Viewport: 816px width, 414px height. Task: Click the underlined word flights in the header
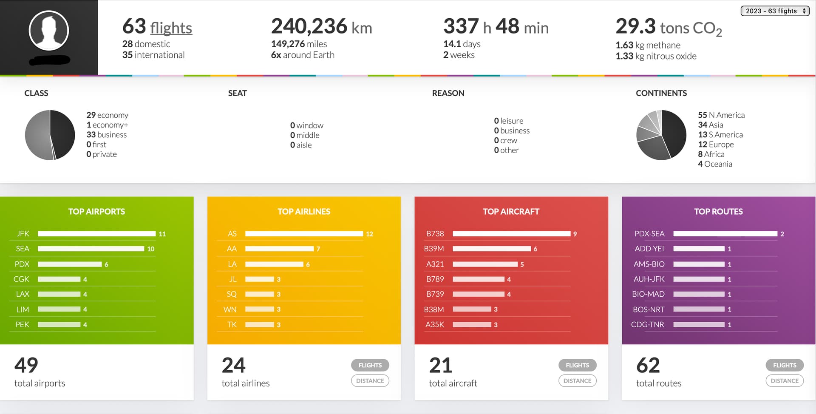click(x=171, y=28)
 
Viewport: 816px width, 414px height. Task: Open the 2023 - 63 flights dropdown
click(x=775, y=11)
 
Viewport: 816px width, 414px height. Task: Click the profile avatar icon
click(x=49, y=31)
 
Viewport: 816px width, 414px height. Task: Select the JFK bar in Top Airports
click(x=96, y=234)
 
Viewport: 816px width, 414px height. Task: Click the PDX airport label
click(x=22, y=264)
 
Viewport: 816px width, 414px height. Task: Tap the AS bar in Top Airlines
click(x=304, y=234)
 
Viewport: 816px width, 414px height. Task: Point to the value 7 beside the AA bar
click(x=318, y=249)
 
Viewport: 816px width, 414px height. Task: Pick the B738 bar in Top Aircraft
click(x=511, y=234)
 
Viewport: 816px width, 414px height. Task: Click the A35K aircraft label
click(x=435, y=324)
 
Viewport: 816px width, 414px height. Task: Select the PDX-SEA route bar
click(x=725, y=234)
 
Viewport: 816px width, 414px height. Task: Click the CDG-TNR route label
click(x=647, y=324)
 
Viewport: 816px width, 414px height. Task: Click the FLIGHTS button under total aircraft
click(x=577, y=365)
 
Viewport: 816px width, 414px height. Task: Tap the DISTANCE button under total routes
click(x=785, y=381)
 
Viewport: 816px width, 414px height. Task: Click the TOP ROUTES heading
click(x=718, y=212)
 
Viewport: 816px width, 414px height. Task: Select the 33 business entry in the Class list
click(x=107, y=135)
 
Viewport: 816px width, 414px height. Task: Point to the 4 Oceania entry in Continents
click(x=715, y=164)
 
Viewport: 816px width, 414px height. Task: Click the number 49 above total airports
click(x=26, y=365)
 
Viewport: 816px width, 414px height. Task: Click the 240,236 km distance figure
click(x=321, y=27)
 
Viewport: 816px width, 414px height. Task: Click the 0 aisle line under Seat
click(x=301, y=145)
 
